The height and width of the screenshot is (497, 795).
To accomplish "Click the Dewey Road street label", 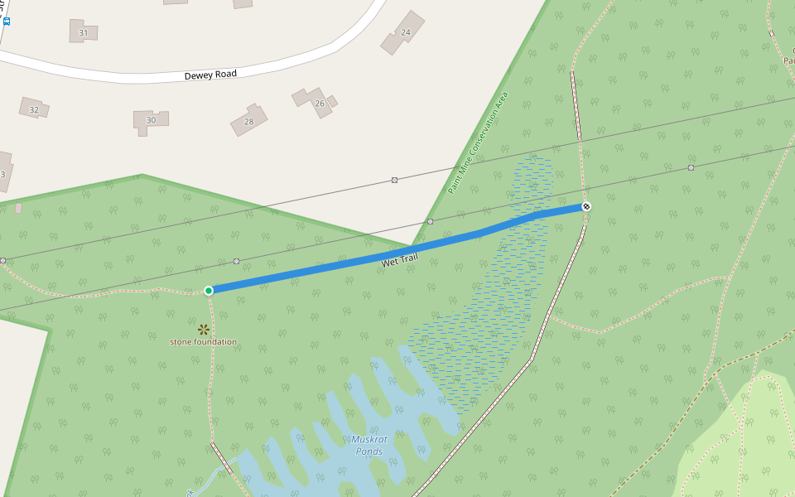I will (210, 75).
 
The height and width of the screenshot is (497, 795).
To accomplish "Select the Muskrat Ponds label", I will (368, 446).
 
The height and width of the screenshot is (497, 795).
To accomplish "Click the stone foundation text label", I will (203, 342).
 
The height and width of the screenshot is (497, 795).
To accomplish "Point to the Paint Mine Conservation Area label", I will (478, 143).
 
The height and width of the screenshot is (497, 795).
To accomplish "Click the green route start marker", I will (209, 291).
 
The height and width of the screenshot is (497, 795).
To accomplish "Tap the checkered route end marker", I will (586, 206).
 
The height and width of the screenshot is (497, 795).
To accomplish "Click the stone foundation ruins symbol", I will (203, 330).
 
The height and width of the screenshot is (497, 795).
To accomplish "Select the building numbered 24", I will (403, 33).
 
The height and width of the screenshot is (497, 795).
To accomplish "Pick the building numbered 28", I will (248, 119).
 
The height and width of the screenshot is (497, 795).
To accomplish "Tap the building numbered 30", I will (150, 120).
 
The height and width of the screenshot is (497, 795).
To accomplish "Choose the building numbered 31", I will (83, 31).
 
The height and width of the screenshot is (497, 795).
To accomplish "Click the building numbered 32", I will (34, 108).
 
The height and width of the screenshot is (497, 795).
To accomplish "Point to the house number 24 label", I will (405, 33).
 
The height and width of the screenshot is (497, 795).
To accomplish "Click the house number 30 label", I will (151, 121).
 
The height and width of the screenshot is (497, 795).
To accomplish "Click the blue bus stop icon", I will (6, 21).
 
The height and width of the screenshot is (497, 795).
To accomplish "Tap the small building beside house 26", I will (332, 101).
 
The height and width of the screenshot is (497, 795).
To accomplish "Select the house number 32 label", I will (34, 109).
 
